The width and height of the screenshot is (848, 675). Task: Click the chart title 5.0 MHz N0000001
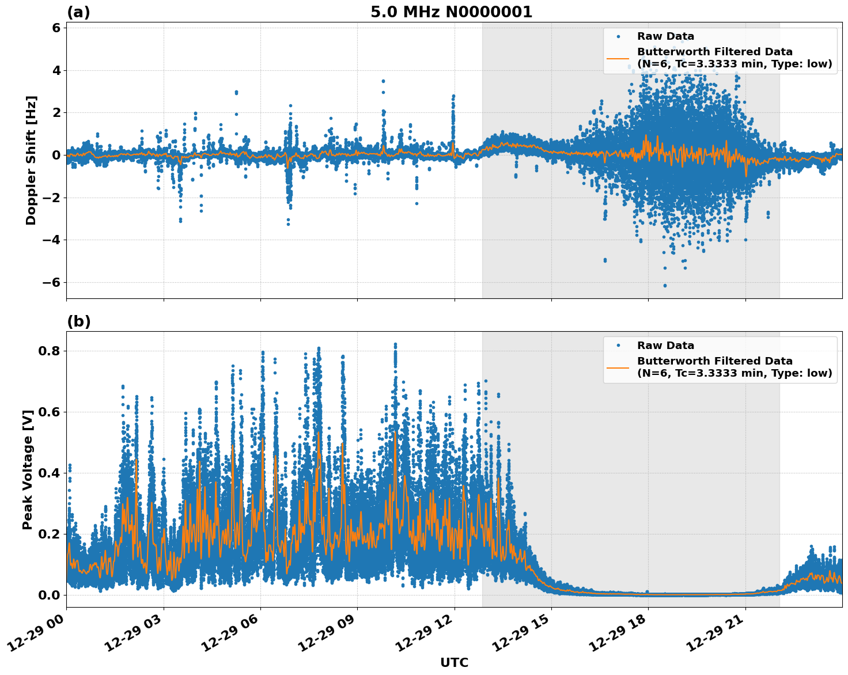click(x=451, y=12)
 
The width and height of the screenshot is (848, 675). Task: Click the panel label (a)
click(x=78, y=12)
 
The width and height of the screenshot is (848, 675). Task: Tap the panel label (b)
click(x=78, y=321)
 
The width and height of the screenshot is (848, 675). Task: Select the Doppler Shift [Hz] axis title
click(x=31, y=160)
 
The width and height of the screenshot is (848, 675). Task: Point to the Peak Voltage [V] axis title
click(x=28, y=469)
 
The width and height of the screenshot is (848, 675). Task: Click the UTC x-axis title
click(x=454, y=662)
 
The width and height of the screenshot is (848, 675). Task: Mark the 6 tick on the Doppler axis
click(x=56, y=28)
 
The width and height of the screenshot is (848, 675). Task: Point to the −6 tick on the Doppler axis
click(x=52, y=282)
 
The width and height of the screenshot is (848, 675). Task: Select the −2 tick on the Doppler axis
click(x=52, y=198)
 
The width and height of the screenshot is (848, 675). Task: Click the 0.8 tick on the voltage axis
click(x=51, y=351)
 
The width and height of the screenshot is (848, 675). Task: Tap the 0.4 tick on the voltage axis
click(x=51, y=473)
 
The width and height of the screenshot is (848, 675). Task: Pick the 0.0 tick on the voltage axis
click(x=51, y=595)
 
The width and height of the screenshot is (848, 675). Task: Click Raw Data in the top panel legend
click(x=665, y=36)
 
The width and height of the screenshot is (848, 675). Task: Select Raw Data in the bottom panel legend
click(x=665, y=346)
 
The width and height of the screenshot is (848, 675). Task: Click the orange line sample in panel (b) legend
click(x=618, y=367)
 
